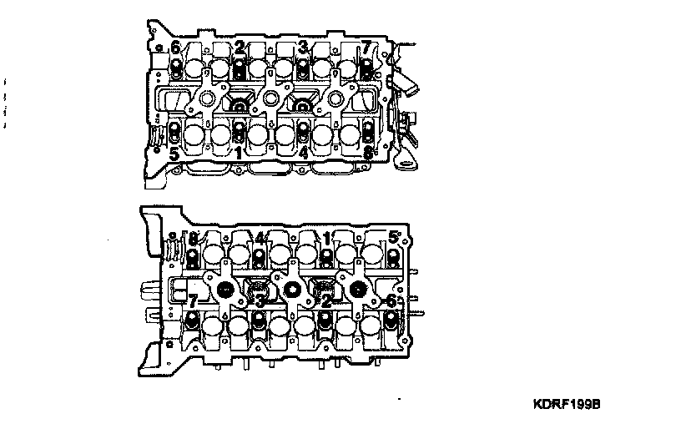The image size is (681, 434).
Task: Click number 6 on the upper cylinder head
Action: pos(176,46)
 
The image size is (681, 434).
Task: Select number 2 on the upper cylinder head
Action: pos(240,46)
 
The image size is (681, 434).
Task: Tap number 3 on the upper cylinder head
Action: pos(304,46)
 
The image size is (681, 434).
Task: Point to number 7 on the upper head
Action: pos(366,46)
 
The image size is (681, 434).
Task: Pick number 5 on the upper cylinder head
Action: pos(174,154)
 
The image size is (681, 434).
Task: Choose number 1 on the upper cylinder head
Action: pos(239,154)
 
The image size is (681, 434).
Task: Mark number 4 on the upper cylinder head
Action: pos(304,154)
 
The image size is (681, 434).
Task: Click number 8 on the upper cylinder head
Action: pos(368,154)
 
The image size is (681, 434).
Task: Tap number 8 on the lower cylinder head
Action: pos(194,238)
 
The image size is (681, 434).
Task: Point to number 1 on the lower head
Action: pos(326,238)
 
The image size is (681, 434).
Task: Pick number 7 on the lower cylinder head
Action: pos(194,300)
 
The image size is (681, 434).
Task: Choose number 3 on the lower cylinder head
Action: pos(260,300)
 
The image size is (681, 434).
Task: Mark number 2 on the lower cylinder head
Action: pos(326,300)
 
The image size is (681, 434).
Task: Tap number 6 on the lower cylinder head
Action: pos(391,300)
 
